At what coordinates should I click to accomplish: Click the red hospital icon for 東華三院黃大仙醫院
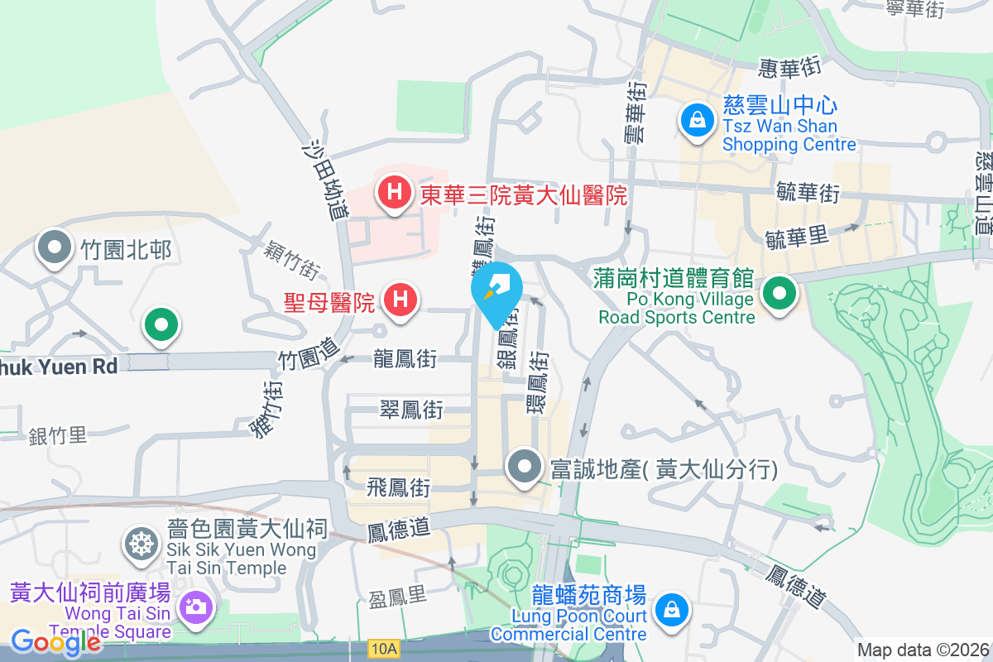click(396, 194)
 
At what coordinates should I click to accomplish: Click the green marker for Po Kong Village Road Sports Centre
click(779, 294)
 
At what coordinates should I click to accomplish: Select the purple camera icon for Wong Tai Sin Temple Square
click(196, 607)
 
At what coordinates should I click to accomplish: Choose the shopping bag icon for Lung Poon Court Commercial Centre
click(671, 610)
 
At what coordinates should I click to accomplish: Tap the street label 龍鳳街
click(405, 359)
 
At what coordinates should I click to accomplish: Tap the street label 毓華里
click(797, 237)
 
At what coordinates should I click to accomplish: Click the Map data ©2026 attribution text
click(923, 650)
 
